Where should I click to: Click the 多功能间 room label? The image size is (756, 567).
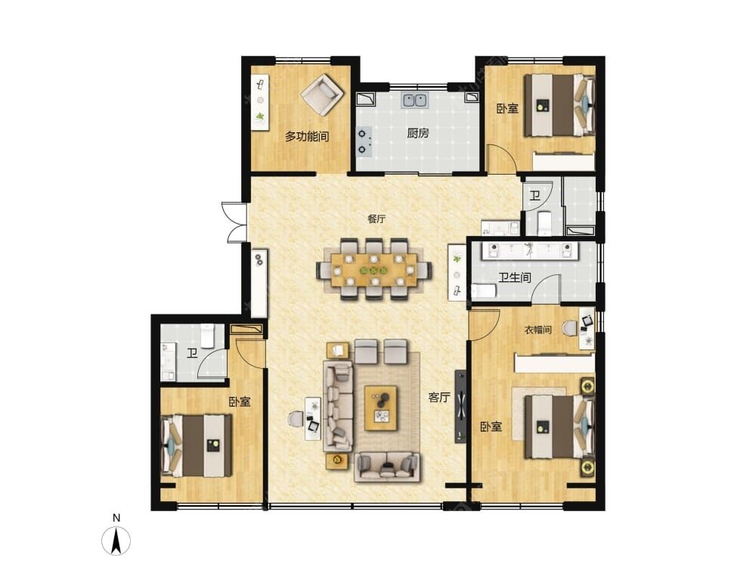307,136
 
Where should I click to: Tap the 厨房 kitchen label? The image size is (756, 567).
417,133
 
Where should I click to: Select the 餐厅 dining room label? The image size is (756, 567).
376,219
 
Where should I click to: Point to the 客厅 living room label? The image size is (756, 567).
439,398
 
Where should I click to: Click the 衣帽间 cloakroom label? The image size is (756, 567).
538,330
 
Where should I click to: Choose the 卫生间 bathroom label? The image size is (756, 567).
515,277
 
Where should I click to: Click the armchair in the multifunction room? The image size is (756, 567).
322,95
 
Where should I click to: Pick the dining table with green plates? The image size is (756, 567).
374,271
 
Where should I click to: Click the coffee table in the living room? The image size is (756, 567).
381,408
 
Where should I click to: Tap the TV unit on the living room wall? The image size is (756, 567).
461,407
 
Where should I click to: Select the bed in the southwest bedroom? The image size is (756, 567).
197,445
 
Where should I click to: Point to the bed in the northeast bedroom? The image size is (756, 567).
559,105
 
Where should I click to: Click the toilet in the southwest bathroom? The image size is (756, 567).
207,336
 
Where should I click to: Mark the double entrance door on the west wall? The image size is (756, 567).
235,222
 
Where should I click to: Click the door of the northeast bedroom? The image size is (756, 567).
501,159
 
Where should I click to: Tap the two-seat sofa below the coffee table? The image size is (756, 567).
387,466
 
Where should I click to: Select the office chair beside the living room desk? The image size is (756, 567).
295,419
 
